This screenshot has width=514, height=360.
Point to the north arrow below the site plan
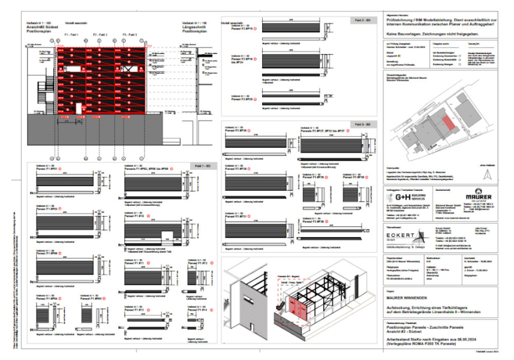click(x=488, y=173)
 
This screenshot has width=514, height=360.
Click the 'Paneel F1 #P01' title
click(x=47, y=170)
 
